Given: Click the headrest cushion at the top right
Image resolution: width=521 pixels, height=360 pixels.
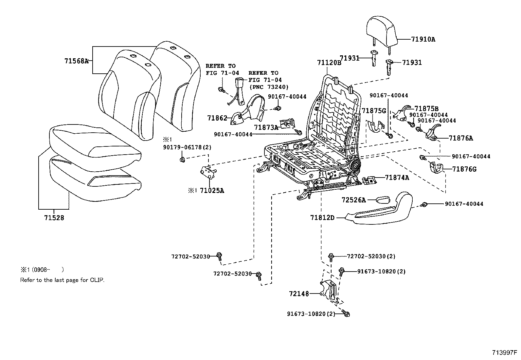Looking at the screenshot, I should (x=382, y=31).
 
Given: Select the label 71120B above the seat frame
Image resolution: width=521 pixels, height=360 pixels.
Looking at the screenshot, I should (x=329, y=63).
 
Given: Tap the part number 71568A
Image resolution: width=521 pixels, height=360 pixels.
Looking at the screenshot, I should (x=76, y=61).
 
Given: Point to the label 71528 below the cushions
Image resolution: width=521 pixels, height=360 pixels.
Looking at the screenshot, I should (x=54, y=218).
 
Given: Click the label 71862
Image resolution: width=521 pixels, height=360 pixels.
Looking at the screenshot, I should (x=217, y=118).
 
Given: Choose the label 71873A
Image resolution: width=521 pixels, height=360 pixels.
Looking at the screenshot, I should (x=266, y=127).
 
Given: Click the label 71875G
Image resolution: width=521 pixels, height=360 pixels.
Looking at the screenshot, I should (x=374, y=111).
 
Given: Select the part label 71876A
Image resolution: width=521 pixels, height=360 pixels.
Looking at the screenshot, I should (x=461, y=138).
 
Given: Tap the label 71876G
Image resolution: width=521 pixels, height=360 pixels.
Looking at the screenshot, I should (x=464, y=169).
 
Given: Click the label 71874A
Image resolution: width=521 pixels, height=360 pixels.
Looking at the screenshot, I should (x=397, y=178).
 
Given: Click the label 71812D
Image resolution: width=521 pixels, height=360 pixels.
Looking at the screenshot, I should (x=322, y=217).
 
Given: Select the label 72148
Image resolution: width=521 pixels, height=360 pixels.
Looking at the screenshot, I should (x=299, y=294).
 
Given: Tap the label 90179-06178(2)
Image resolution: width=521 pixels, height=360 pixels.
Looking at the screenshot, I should (x=187, y=147).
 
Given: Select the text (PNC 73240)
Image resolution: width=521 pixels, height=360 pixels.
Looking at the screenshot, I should (x=268, y=87).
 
